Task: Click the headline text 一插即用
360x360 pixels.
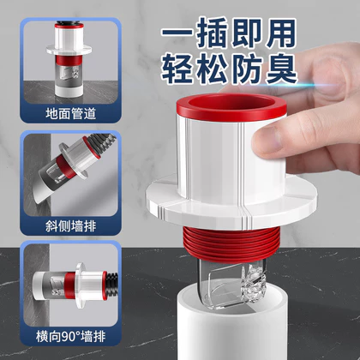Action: pos(229,33)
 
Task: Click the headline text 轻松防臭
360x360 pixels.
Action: pos(229,68)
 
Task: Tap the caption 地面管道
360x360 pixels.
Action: pos(70,114)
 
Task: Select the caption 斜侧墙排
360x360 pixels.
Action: pos(70,226)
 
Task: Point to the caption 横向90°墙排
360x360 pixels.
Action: pos(70,336)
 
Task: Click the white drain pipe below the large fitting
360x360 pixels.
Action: pos(231,328)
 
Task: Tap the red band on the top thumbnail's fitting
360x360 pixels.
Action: pos(69,61)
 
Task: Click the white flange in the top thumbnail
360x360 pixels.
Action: pos(69,50)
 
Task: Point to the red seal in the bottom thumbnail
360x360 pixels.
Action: pos(69,285)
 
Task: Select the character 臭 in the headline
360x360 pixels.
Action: pos(281,68)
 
